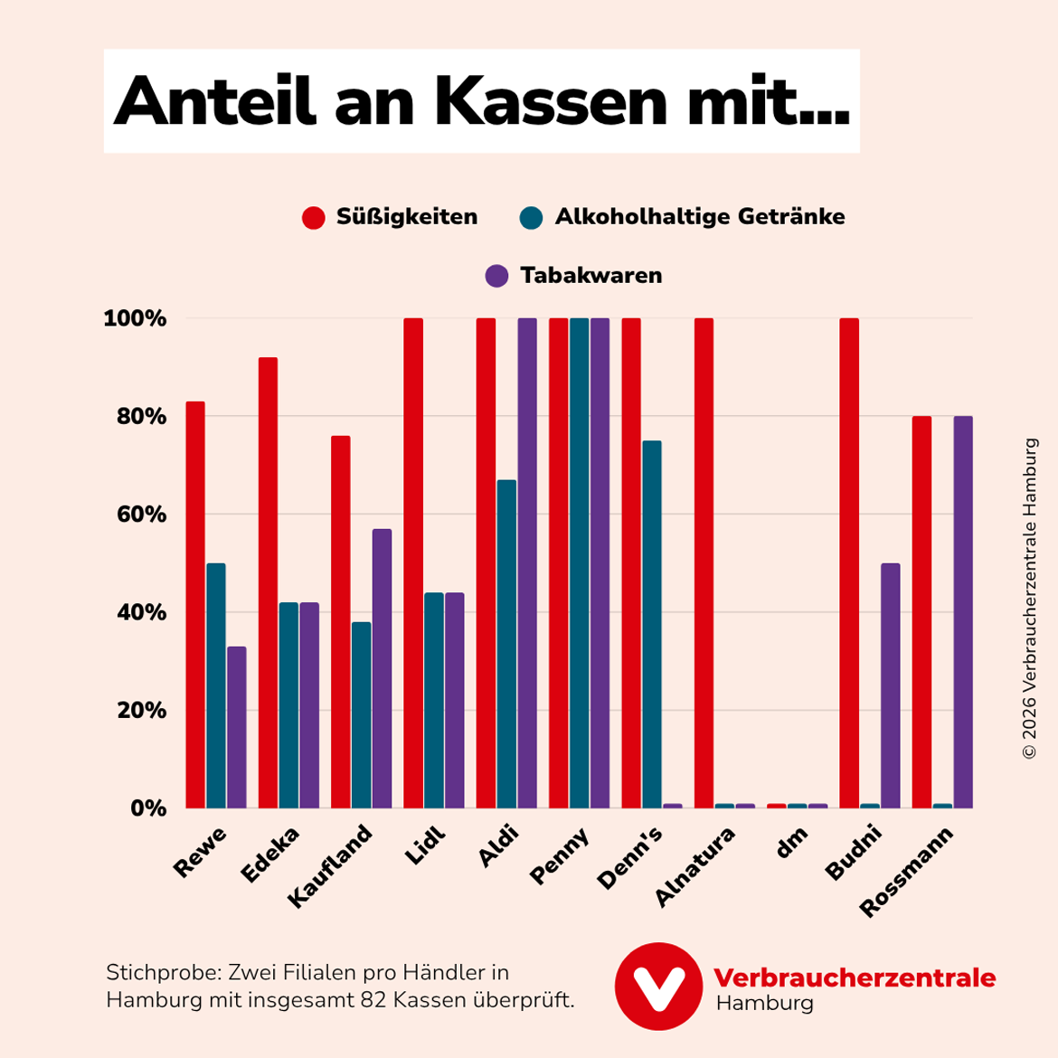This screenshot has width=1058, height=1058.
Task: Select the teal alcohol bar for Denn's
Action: tap(652, 624)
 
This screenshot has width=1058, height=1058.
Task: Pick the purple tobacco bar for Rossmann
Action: tap(962, 611)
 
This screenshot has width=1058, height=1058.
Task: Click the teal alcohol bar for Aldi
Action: tap(506, 644)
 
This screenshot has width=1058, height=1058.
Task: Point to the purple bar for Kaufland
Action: tap(382, 668)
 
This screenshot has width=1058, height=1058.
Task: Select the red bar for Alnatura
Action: tap(704, 562)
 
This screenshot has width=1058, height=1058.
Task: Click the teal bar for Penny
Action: tap(580, 562)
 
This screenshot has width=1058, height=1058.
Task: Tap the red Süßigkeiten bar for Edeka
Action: tap(268, 582)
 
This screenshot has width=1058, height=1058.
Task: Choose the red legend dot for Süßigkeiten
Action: tap(314, 218)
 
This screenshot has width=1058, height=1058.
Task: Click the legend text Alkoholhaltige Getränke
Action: tap(700, 217)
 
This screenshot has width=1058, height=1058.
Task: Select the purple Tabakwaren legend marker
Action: tap(496, 276)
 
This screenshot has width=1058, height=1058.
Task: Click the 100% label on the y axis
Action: tap(136, 318)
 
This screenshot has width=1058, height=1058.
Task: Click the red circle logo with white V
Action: tap(658, 986)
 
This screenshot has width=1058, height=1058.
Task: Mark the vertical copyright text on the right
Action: tap(1029, 599)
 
